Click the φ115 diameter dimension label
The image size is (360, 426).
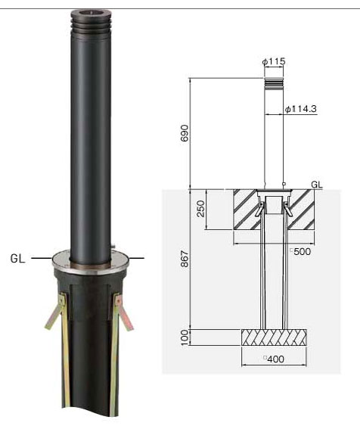click(x=274, y=62)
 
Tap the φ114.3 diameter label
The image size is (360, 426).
click(x=300, y=109)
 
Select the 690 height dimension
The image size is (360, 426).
click(x=185, y=133)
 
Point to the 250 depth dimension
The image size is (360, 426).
click(x=200, y=208)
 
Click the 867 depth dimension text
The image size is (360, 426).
click(x=185, y=259)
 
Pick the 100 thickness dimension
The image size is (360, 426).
click(x=185, y=337)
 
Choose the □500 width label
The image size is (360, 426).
click(x=300, y=251)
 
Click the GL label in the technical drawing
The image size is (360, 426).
click(x=317, y=185)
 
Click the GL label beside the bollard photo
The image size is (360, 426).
click(x=17, y=258)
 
